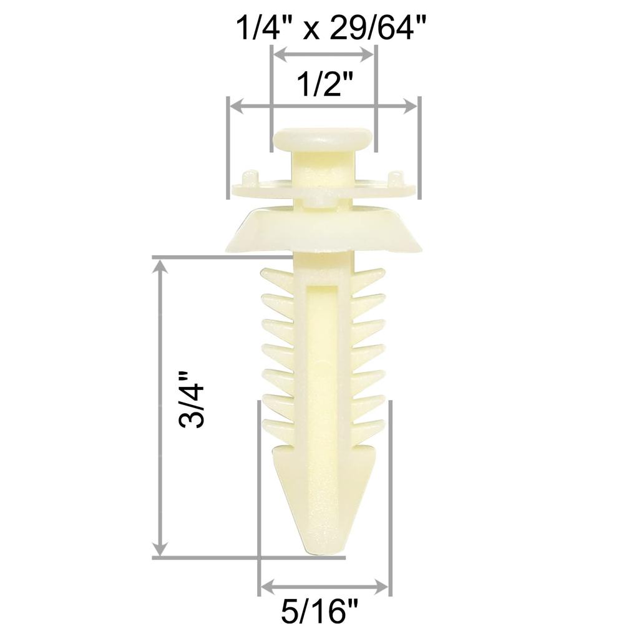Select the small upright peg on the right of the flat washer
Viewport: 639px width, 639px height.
coord(396,178)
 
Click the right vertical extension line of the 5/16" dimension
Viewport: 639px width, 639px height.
coord(391,499)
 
